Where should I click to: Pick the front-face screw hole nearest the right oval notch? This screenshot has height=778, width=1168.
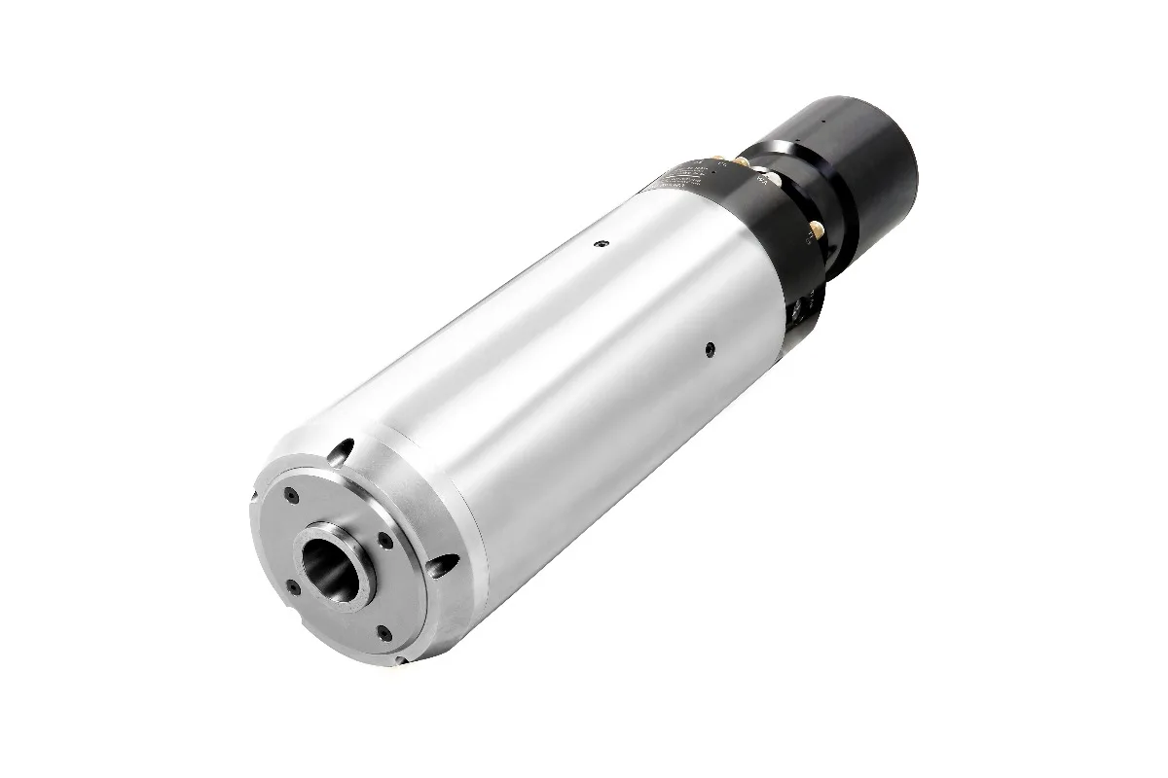[x=386, y=538]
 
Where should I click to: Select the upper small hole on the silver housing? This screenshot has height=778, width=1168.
[x=601, y=245]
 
